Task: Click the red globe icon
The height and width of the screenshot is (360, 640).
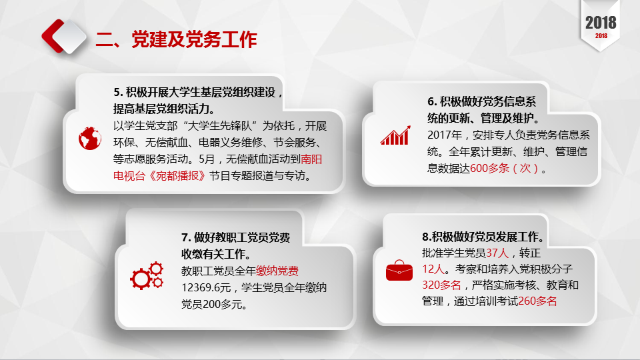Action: coord(90,139)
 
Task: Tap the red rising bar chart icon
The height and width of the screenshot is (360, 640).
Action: coord(395,135)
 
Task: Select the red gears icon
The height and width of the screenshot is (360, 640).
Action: coord(147,276)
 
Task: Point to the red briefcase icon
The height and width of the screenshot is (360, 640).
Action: coord(399,270)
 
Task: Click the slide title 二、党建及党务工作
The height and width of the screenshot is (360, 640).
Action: coord(176,39)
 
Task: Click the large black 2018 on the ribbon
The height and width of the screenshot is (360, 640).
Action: coord(601,23)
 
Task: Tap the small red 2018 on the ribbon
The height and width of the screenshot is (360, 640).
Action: coord(601,36)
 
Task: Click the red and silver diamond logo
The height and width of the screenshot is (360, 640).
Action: coord(64,36)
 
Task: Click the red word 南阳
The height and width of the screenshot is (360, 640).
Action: coord(311,159)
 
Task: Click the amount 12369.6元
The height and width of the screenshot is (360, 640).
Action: coord(206,288)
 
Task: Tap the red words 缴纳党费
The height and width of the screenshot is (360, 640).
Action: coord(277,271)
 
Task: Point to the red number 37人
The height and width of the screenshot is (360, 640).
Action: coord(497,253)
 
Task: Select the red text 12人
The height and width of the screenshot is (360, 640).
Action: coord(433,269)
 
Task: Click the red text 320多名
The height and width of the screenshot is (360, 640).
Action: coord(441,285)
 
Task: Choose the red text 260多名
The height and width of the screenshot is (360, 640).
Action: coord(537,301)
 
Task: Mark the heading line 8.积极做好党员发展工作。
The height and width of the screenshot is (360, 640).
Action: coord(483,237)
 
